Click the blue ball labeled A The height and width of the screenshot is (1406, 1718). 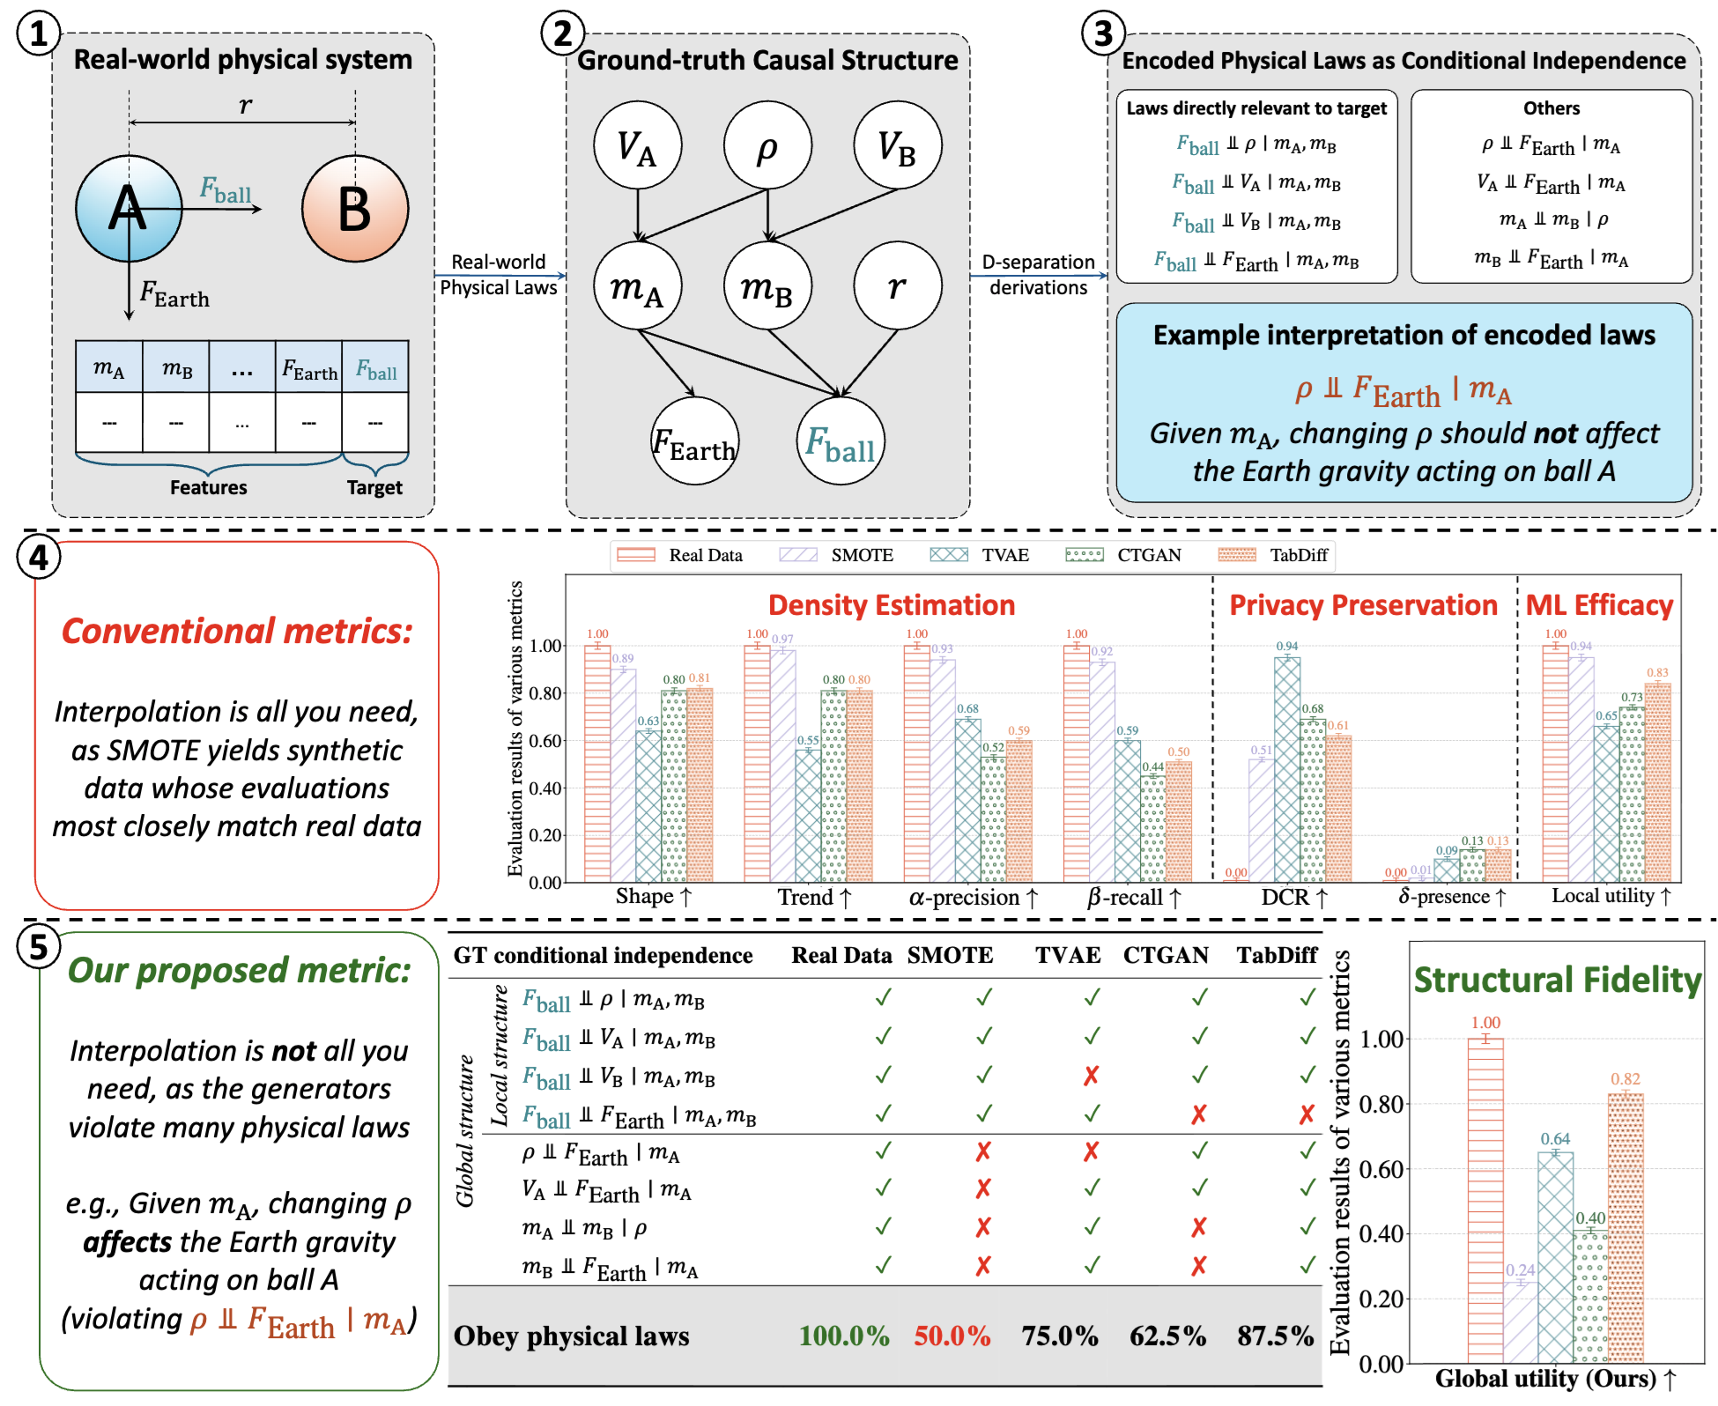pyautogui.click(x=129, y=209)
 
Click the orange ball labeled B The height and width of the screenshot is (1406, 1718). pyautogui.click(x=355, y=209)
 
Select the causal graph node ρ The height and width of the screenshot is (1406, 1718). pyautogui.click(x=767, y=145)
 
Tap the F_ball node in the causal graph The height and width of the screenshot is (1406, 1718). pyautogui.click(x=840, y=441)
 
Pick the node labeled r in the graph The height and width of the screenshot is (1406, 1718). pyautogui.click(x=897, y=285)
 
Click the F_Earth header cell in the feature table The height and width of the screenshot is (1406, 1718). pyautogui.click(x=309, y=368)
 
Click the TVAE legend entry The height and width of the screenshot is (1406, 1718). pyautogui.click(x=980, y=555)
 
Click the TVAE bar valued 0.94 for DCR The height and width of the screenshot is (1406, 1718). pyautogui.click(x=1287, y=766)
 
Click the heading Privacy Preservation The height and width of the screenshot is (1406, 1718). pyautogui.click(x=1363, y=605)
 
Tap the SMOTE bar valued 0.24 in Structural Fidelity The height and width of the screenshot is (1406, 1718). pyautogui.click(x=1521, y=1321)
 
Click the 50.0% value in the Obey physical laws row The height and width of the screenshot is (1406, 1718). pyautogui.click(x=952, y=1336)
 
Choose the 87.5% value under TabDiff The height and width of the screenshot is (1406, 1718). pyautogui.click(x=1275, y=1336)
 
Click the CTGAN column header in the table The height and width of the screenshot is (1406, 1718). pyautogui.click(x=1165, y=956)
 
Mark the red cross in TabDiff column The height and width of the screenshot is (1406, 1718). pyautogui.click(x=1307, y=1115)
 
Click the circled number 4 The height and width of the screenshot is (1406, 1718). pyautogui.click(x=39, y=558)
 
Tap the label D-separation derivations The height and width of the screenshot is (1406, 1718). pyautogui.click(x=1038, y=275)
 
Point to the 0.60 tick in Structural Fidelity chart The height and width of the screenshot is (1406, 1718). pyautogui.click(x=1381, y=1169)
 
